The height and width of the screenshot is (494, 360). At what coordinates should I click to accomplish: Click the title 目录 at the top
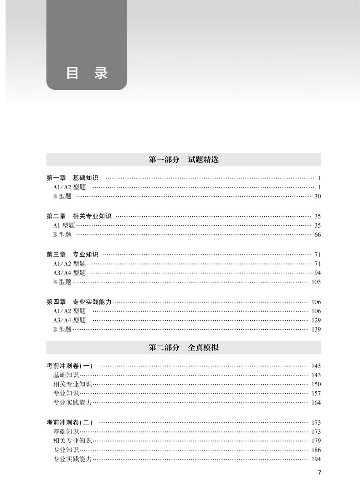click(87, 73)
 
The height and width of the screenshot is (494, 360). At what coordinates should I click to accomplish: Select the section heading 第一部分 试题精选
click(184, 160)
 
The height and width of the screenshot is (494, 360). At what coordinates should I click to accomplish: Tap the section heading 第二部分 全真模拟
click(184, 348)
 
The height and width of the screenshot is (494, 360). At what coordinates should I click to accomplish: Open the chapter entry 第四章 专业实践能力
click(79, 302)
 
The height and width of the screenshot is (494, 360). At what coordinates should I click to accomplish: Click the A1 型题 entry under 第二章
click(64, 225)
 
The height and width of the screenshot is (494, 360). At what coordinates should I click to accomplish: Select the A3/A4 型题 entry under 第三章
click(69, 273)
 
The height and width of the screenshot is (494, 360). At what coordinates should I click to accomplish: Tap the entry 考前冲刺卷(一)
click(69, 366)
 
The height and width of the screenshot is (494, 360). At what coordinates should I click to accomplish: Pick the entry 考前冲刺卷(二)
click(69, 422)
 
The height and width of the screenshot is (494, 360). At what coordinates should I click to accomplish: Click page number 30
click(318, 196)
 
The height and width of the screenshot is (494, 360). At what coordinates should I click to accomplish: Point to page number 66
click(318, 234)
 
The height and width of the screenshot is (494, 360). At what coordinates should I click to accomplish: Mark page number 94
click(318, 273)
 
